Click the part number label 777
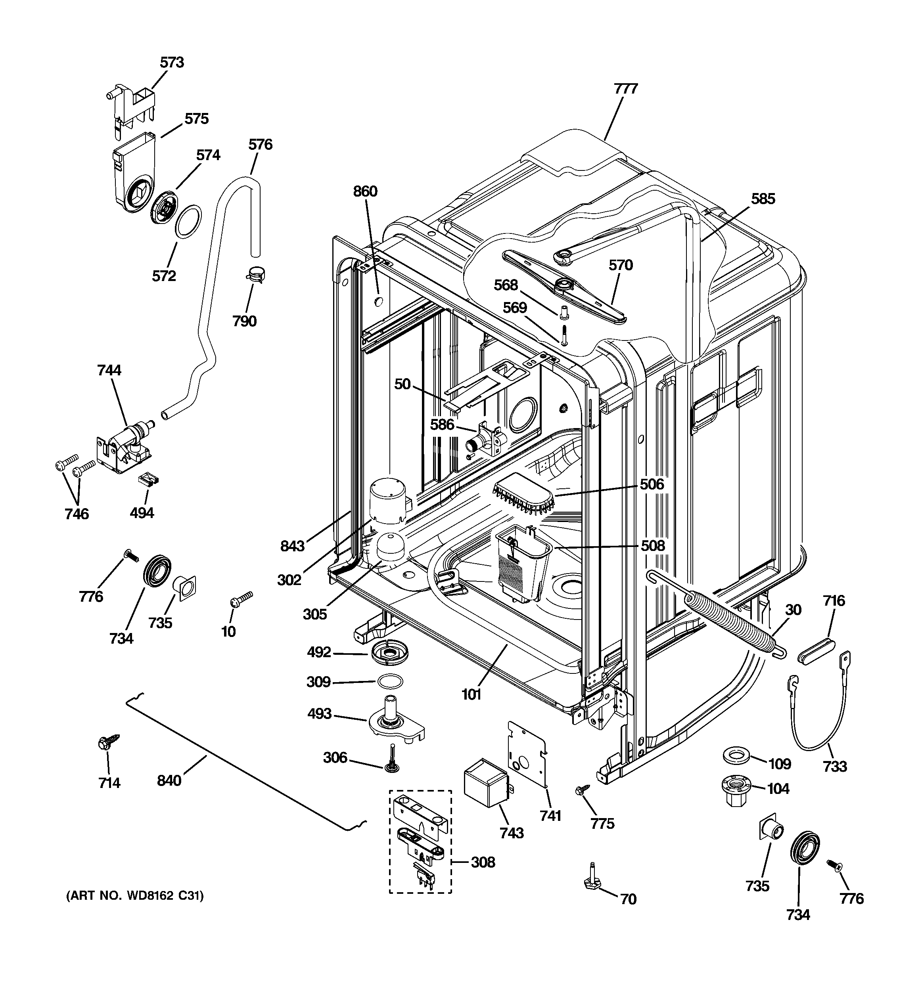pos(626,89)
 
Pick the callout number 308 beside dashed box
pos(483,862)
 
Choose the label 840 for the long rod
pos(169,781)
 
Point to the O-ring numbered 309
pos(390,682)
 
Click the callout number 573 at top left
pos(172,62)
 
